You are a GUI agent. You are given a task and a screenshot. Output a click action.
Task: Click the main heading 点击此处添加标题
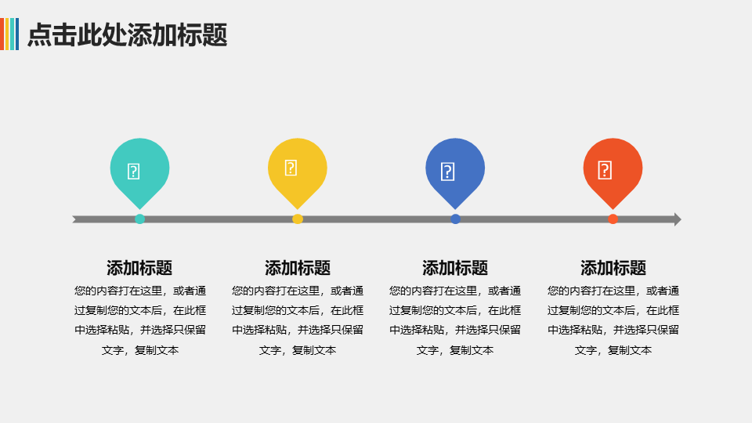[127, 35]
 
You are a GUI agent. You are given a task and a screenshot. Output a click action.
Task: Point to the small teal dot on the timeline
[139, 219]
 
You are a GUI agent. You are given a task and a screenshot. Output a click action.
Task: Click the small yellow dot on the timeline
[298, 219]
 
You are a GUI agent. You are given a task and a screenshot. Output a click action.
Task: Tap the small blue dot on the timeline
[455, 219]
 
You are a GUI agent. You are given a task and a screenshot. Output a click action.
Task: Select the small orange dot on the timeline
[613, 219]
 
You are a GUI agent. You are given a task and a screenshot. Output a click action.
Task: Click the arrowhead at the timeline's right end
[678, 219]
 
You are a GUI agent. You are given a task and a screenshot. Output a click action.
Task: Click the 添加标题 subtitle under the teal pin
[139, 268]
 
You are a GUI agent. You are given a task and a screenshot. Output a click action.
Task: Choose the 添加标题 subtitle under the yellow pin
[298, 268]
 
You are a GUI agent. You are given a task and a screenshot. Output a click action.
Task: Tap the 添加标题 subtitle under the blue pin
[455, 268]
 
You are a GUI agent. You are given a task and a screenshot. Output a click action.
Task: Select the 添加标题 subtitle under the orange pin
[613, 268]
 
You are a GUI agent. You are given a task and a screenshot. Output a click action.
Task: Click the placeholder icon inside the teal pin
[133, 172]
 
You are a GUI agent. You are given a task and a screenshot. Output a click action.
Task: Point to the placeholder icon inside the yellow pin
[291, 168]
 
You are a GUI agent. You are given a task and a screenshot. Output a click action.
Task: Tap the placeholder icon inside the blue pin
[447, 172]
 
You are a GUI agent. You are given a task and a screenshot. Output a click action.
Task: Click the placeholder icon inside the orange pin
[605, 170]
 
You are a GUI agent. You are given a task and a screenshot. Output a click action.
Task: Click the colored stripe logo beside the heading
[9, 34]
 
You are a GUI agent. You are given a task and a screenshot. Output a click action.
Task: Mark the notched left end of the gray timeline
[75, 219]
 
